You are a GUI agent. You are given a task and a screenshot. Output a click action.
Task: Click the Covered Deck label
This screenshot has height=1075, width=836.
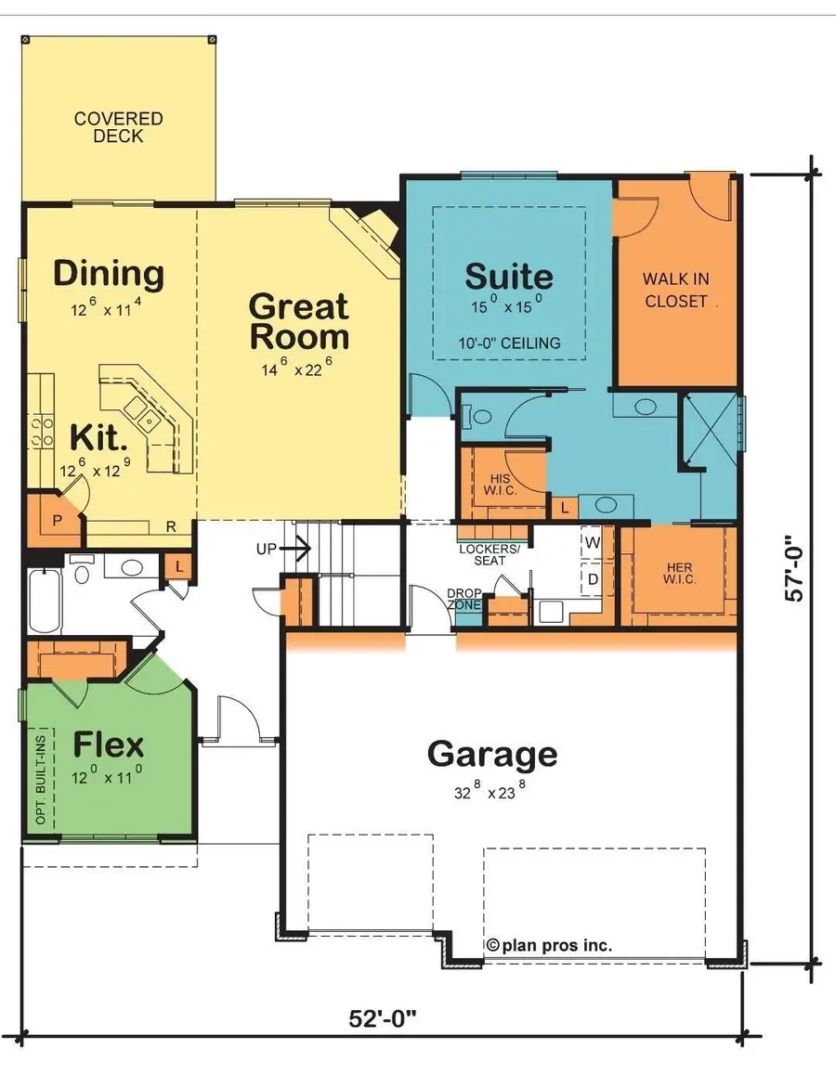(119, 127)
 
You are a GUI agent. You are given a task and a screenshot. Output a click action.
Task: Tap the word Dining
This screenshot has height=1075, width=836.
(109, 274)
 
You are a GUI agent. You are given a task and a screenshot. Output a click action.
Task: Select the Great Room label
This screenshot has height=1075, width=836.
(299, 321)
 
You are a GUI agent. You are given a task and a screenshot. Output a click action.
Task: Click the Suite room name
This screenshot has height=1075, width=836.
(509, 277)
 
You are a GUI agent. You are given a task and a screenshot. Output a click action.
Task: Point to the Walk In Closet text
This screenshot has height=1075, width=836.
(676, 290)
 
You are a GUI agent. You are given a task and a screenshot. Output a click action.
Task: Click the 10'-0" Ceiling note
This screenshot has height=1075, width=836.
(510, 343)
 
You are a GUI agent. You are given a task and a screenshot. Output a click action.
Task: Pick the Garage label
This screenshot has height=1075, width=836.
(491, 755)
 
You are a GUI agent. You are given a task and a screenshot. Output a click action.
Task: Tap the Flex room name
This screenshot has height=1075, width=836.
(109, 745)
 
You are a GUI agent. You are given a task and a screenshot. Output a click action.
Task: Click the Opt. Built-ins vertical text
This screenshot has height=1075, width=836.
(41, 780)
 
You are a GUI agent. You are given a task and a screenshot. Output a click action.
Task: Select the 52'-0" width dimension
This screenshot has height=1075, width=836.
(383, 1018)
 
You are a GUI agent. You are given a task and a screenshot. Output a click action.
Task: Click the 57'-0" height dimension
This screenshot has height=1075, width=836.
(794, 569)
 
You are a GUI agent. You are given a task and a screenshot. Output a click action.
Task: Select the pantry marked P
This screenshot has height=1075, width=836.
(57, 521)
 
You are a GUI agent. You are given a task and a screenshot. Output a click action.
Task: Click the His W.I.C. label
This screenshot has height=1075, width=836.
(500, 485)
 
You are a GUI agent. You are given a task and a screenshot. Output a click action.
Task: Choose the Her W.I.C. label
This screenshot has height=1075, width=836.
(679, 573)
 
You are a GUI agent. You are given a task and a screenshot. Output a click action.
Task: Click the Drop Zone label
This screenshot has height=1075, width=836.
(464, 599)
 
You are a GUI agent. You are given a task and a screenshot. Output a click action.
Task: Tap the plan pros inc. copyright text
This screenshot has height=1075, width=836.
(549, 945)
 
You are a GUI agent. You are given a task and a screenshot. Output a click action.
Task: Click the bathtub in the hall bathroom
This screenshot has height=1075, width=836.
(45, 602)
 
